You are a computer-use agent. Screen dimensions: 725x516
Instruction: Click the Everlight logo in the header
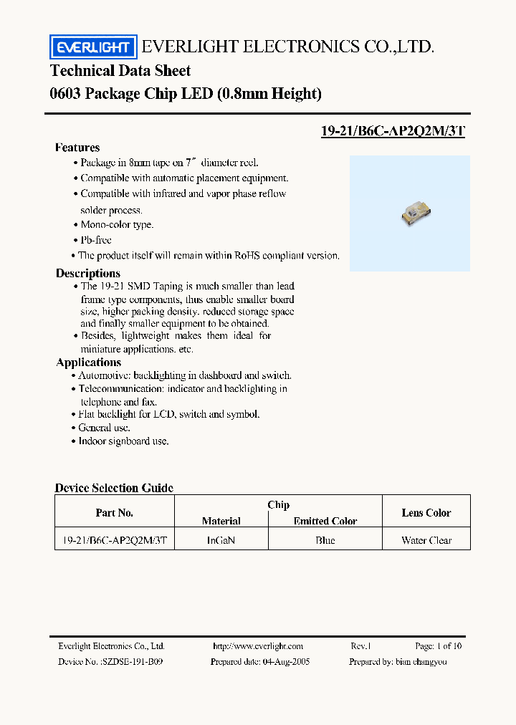(x=92, y=47)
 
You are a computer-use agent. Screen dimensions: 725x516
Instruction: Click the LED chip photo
(x=412, y=213)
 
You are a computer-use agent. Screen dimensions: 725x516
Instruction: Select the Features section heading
(x=77, y=148)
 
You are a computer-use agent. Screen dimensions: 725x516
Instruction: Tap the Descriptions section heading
(x=88, y=273)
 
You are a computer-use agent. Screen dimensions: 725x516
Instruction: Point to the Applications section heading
(x=88, y=362)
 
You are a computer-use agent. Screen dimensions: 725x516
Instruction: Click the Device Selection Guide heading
(x=114, y=488)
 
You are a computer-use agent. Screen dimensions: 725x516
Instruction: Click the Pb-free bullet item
(x=95, y=240)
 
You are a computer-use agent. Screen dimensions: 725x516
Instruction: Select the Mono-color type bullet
(x=116, y=225)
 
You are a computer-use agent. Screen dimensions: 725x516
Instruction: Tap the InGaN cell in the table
(x=221, y=540)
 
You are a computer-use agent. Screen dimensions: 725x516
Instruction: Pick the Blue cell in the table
(x=325, y=540)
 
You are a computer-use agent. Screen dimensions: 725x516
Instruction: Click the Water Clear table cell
(x=426, y=540)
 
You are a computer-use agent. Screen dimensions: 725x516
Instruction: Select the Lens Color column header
(x=426, y=513)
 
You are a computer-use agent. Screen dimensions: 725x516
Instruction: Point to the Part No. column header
(x=115, y=513)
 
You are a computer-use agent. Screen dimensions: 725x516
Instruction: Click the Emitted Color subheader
(x=325, y=521)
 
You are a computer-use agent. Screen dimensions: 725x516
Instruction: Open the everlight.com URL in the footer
(x=258, y=646)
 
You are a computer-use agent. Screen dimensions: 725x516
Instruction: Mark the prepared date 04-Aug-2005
(x=285, y=662)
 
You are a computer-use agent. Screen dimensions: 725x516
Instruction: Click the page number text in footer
(x=439, y=646)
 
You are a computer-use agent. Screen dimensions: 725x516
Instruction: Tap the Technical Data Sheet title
(x=120, y=70)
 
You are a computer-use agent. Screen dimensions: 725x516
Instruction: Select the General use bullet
(x=104, y=428)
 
